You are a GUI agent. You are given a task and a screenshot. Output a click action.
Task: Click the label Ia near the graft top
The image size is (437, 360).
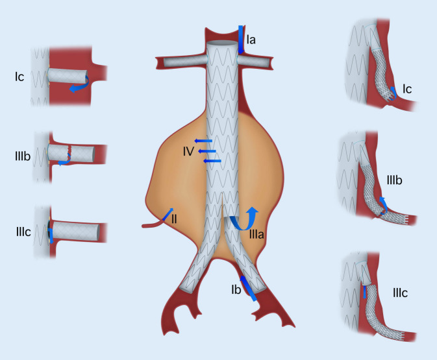pos(251,40)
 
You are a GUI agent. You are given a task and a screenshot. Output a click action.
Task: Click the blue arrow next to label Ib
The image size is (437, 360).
pos(247,289)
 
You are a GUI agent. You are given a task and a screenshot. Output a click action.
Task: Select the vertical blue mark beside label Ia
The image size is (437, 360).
pos(240,39)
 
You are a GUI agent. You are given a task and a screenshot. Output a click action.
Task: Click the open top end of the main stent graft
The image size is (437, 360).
pos(225,44)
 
